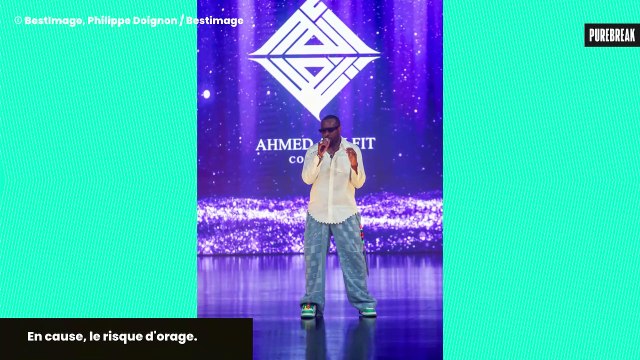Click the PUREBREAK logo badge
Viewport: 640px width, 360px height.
click(611, 34)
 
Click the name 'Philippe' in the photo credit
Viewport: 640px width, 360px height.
click(111, 20)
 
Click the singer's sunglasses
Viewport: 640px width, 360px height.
click(329, 129)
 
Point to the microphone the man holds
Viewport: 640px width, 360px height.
click(324, 144)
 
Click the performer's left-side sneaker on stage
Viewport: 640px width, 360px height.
click(309, 311)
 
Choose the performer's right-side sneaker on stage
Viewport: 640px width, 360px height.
click(368, 311)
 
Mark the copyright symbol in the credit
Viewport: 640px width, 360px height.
click(17, 20)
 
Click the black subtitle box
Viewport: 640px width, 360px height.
click(125, 338)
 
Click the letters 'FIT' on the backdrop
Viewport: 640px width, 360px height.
click(363, 144)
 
